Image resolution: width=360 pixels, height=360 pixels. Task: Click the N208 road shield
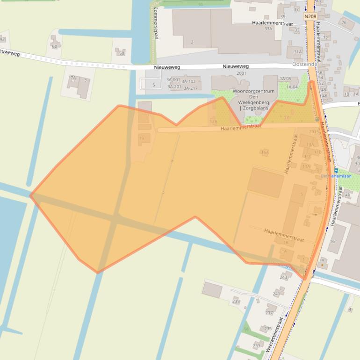tap(310, 16)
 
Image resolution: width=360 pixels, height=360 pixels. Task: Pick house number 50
tap(122, 53)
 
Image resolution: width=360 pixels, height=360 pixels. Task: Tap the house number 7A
tap(73, 78)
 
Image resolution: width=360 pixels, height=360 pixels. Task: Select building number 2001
tap(241, 73)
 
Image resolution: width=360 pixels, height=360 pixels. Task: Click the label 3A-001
tap(173, 80)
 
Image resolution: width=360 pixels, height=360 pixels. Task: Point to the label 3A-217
tap(190, 88)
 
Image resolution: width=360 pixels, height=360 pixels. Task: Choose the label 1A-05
tap(285, 79)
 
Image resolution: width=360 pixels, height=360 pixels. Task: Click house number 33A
tap(268, 29)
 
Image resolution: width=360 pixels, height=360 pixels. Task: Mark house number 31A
tap(298, 52)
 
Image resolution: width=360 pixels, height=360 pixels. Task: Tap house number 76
tap(344, 22)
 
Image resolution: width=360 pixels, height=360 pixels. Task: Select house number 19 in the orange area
tap(142, 138)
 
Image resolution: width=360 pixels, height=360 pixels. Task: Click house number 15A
tap(265, 152)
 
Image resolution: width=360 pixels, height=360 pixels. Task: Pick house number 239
tap(236, 302)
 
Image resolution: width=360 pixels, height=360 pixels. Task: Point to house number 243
tap(283, 277)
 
